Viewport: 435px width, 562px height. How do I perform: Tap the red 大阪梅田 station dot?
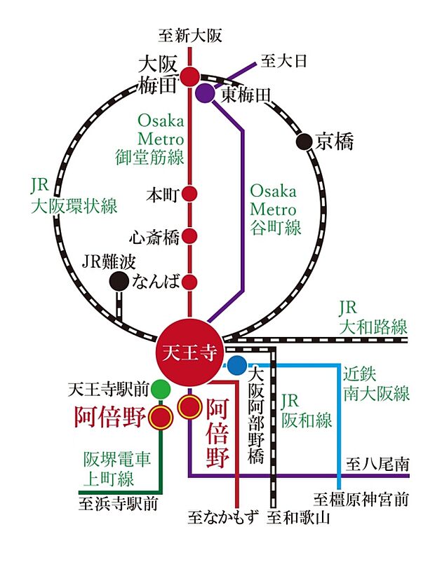coord(189,76)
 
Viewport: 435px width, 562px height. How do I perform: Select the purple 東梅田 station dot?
coord(206,92)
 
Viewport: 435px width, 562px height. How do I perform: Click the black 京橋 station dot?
coord(303,142)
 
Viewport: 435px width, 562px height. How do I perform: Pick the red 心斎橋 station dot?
coord(189,237)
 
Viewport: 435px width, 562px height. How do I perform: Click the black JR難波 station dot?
coord(119,282)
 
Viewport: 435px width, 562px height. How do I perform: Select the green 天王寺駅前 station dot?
coord(161,387)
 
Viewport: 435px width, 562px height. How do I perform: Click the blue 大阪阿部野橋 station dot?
coord(236,365)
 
